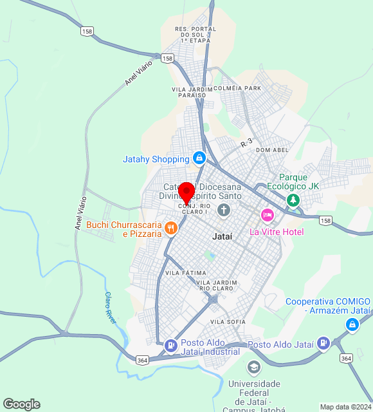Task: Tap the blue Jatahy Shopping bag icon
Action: point(199,158)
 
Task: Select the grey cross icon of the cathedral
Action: point(223,209)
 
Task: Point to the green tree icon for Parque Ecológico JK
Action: point(294,200)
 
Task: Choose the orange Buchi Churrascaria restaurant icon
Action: point(170,227)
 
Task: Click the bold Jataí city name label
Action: point(222,237)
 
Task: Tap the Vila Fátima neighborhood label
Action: point(186,273)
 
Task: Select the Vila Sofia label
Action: point(228,321)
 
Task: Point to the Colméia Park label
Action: point(237,88)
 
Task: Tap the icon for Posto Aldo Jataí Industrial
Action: point(170,344)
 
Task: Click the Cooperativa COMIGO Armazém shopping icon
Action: point(352,326)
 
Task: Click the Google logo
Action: point(21,404)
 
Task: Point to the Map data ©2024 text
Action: point(346,407)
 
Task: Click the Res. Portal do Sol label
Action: point(194,35)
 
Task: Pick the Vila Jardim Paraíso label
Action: point(188,91)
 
